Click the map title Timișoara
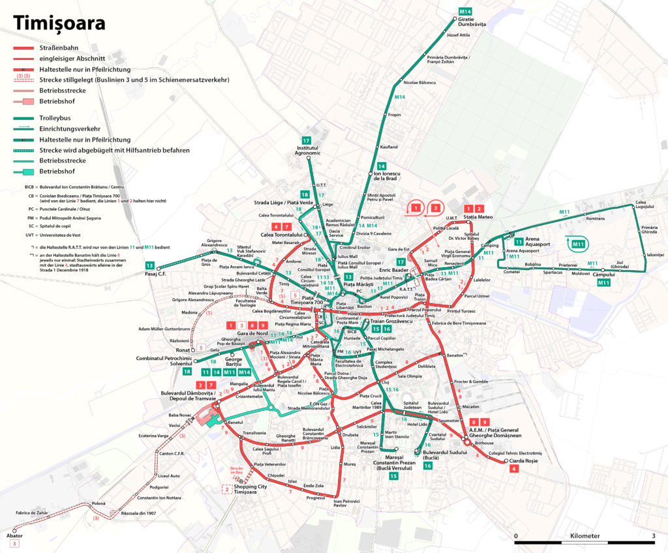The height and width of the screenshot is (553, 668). click(59, 23)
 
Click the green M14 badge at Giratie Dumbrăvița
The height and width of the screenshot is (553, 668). click(465, 12)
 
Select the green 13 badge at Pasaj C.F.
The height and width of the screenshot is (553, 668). click(150, 265)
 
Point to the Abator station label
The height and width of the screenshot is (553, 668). click(14, 535)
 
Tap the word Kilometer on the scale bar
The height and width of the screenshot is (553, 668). click(584, 535)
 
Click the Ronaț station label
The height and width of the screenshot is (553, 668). click(182, 350)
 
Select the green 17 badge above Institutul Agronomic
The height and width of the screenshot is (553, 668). click(306, 141)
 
